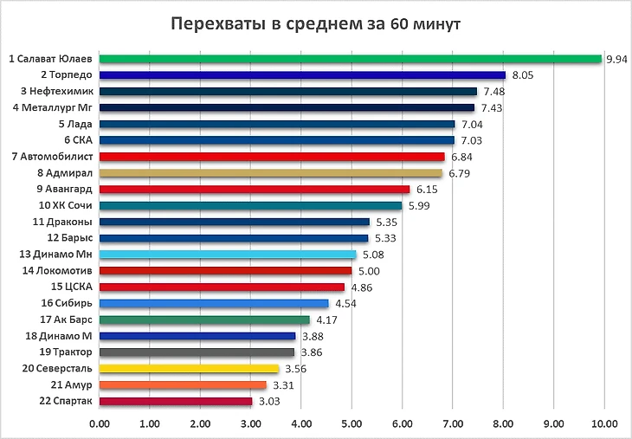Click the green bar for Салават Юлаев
tap(351, 59)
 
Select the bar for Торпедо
tap(302, 75)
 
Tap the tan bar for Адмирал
tap(271, 173)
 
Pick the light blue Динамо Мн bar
tap(228, 255)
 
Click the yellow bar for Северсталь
tap(189, 369)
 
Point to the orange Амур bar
tap(183, 385)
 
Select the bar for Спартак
tap(176, 402)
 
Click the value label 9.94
tap(616, 59)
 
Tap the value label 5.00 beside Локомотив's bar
tap(364, 271)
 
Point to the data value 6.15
tap(422, 190)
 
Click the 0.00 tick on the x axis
tap(100, 424)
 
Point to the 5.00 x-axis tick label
tap(351, 424)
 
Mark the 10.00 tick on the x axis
tap(603, 424)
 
